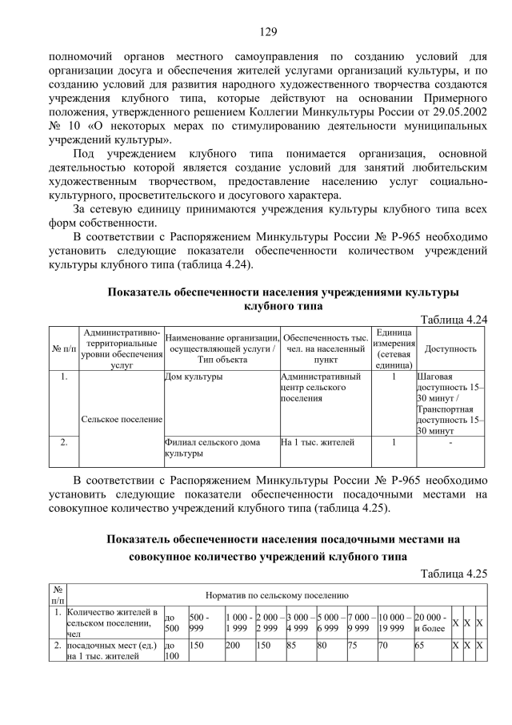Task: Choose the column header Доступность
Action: (450, 348)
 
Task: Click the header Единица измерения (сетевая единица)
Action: (393, 348)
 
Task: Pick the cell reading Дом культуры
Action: (189, 376)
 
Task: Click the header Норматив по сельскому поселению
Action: (277, 595)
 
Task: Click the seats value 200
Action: (234, 643)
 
